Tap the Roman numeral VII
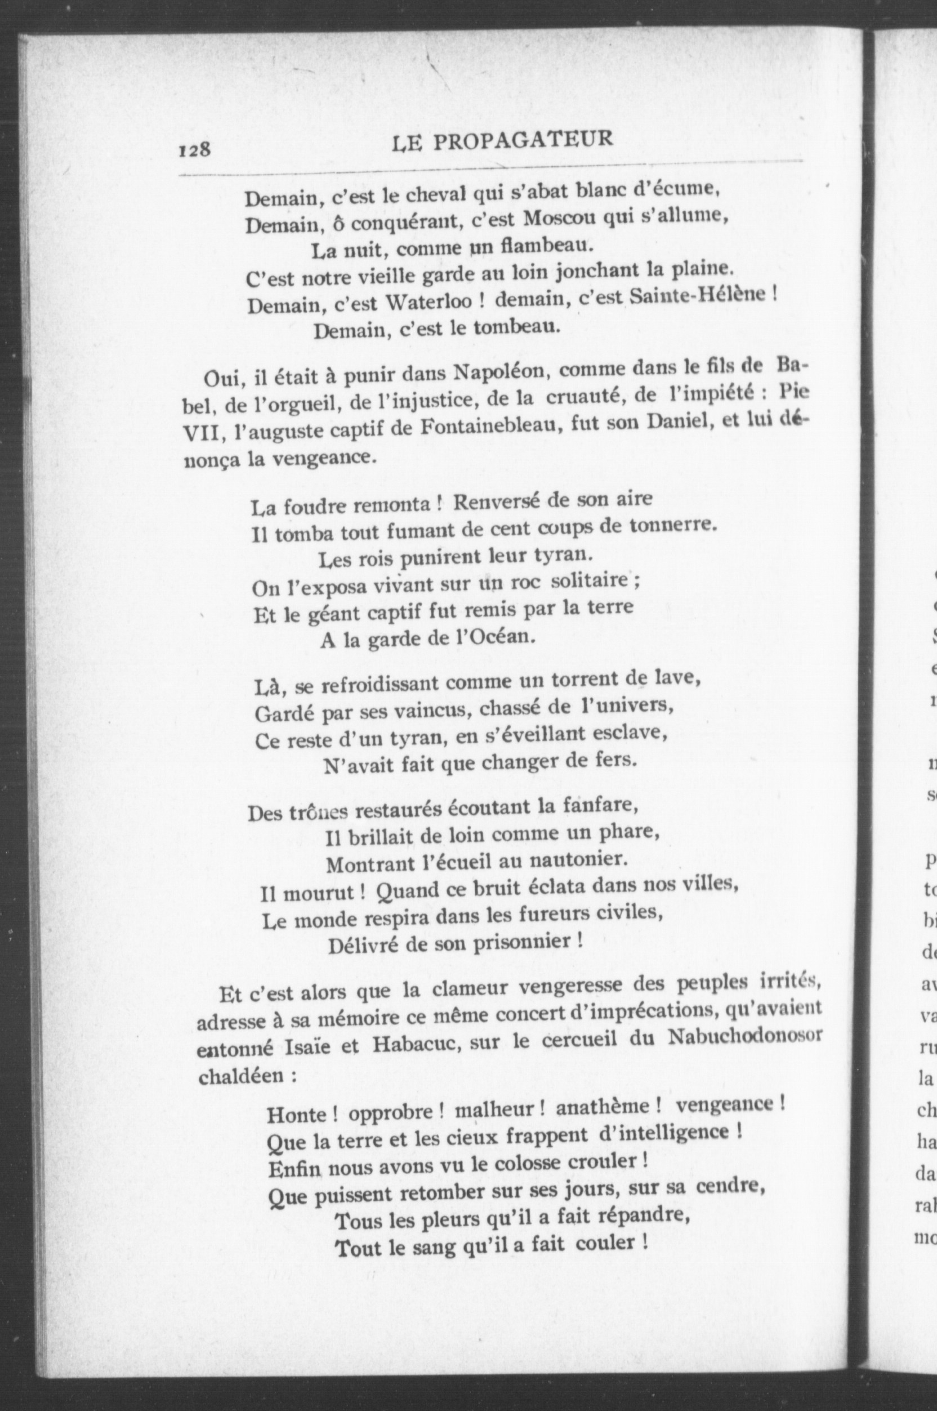202,434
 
